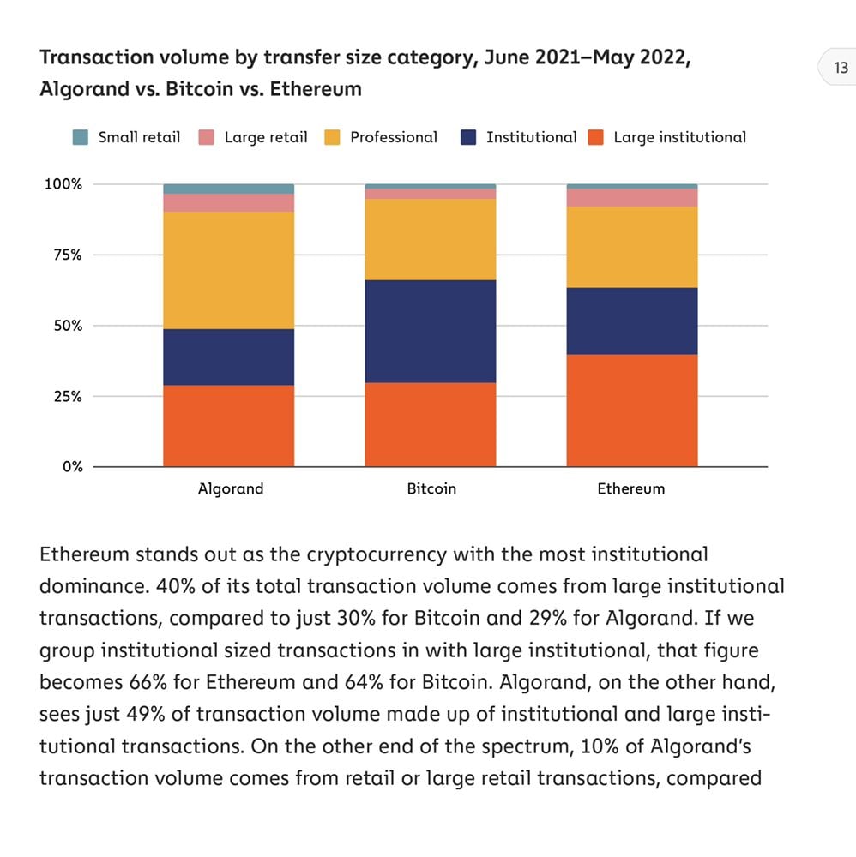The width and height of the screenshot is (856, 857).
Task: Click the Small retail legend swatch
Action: (x=81, y=137)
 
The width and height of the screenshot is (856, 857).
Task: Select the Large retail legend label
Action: (x=265, y=137)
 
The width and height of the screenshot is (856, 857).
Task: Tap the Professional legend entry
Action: (x=393, y=137)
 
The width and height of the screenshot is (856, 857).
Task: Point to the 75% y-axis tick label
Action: (x=64, y=255)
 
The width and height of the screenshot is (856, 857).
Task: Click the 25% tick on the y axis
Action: (x=64, y=397)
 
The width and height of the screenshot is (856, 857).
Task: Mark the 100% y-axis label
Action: (x=63, y=184)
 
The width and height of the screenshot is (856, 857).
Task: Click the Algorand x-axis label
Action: (x=230, y=489)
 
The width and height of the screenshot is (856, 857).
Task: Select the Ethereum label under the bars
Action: (x=630, y=489)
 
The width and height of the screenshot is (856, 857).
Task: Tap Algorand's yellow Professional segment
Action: (x=228, y=270)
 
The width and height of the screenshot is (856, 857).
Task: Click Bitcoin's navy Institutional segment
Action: (x=430, y=331)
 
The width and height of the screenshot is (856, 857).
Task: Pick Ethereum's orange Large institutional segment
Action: (x=631, y=411)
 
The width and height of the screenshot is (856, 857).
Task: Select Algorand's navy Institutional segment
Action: (x=228, y=357)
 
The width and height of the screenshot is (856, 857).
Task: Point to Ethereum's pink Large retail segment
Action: (x=631, y=197)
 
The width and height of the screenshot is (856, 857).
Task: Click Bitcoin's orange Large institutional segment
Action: (x=430, y=424)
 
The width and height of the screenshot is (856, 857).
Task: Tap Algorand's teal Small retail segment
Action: (x=228, y=189)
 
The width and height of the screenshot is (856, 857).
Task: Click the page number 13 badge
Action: (x=840, y=68)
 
